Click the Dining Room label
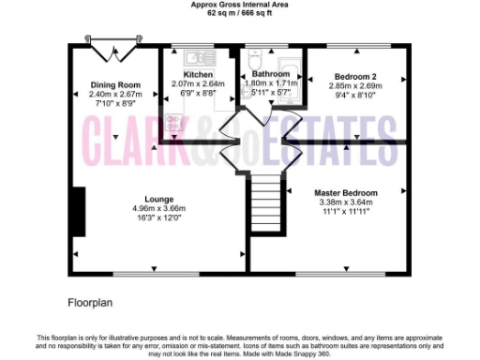pos(115,84)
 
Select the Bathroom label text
pos(270,73)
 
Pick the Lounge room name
pos(158,199)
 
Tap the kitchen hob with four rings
pos(173,121)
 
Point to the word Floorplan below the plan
pos(91,303)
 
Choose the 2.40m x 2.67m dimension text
pos(115,94)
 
